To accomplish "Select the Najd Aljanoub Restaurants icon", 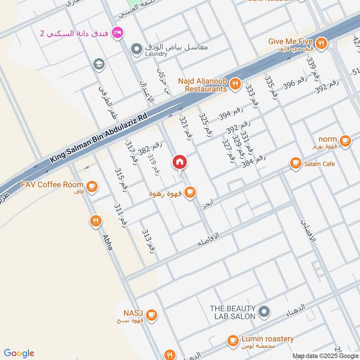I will tap(234, 83).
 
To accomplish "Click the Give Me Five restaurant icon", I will tap(320, 43).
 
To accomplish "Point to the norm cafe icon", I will tap(345, 141).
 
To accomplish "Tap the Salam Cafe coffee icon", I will tap(295, 163).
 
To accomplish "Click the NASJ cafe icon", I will tap(152, 315).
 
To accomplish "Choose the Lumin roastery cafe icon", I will tap(233, 340).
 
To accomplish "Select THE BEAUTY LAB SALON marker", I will tap(264, 311).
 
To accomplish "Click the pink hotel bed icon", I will tap(118, 32).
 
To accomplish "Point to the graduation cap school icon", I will tap(98, 64).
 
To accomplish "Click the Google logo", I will tap(19, 353).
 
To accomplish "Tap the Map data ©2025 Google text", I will tap(325, 355).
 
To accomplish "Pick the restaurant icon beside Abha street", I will tap(95, 221).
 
